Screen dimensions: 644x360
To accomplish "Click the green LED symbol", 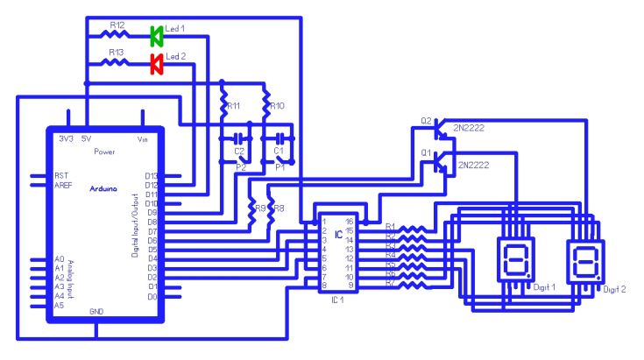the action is pyautogui.click(x=157, y=36).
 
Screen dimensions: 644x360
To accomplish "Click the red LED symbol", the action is pyautogui.click(x=157, y=63).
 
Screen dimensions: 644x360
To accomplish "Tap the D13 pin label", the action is pyautogui.click(x=152, y=176).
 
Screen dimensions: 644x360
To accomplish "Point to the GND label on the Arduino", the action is pyautogui.click(x=97, y=312).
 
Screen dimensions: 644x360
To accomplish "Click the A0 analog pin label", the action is pyautogui.click(x=60, y=260).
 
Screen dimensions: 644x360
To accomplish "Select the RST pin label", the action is pyautogui.click(x=61, y=175).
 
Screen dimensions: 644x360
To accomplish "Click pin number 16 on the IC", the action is pyautogui.click(x=350, y=222).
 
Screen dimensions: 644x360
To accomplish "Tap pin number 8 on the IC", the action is pyautogui.click(x=324, y=286).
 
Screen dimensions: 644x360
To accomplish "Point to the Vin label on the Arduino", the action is pyautogui.click(x=144, y=139).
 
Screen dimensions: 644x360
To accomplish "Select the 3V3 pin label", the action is pyautogui.click(x=65, y=139).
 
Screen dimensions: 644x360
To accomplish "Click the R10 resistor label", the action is pyautogui.click(x=278, y=106).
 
